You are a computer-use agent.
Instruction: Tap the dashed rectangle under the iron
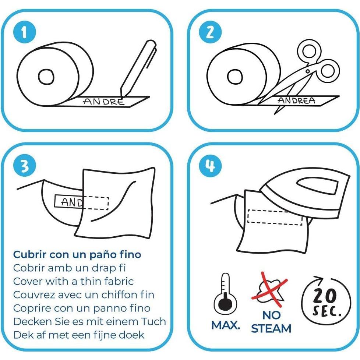(274, 217)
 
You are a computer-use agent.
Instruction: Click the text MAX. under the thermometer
(226, 325)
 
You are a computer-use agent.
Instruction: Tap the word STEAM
(271, 328)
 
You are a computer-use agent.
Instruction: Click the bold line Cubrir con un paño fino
(77, 254)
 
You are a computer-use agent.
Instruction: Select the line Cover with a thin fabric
(73, 282)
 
